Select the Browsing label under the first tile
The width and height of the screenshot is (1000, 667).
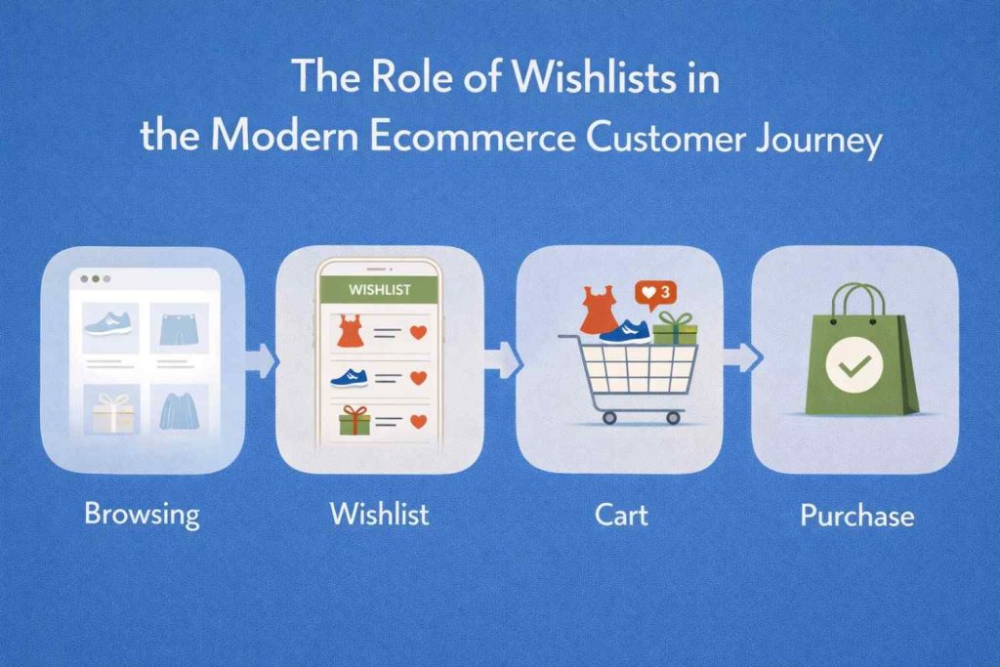[x=142, y=513]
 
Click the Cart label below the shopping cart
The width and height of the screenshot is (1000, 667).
[x=621, y=513]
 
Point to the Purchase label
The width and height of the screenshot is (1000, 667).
[x=856, y=515]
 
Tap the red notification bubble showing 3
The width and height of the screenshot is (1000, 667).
[x=652, y=291]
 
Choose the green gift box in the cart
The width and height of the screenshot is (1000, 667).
[x=675, y=329]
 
